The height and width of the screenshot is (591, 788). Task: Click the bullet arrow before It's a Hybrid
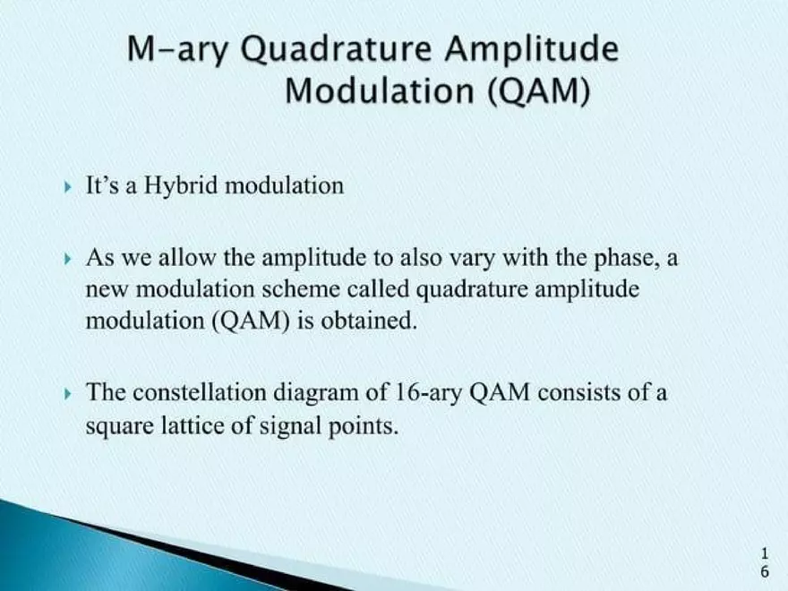pos(70,187)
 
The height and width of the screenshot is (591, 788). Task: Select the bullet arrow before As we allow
pos(70,260)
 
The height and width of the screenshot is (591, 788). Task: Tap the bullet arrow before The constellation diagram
pos(70,393)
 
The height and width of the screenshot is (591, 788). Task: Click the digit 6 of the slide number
pos(764,570)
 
